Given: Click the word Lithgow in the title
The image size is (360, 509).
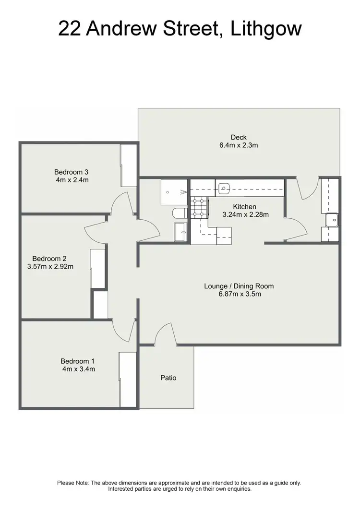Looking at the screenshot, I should [266, 28].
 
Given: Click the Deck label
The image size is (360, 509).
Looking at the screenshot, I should [239, 137].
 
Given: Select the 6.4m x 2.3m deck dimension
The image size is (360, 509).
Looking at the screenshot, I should [239, 145].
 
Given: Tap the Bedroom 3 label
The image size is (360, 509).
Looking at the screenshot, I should [71, 172].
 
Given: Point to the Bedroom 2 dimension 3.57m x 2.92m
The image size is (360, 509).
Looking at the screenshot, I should [50, 267].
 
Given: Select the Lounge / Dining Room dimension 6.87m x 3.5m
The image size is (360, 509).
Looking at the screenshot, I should [239, 295].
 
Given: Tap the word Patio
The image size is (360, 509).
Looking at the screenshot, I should [168, 378].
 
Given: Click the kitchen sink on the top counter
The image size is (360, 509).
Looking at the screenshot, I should [224, 188].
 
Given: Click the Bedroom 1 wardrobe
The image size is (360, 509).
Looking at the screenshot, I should [128, 379].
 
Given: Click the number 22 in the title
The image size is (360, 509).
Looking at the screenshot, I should [71, 28].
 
